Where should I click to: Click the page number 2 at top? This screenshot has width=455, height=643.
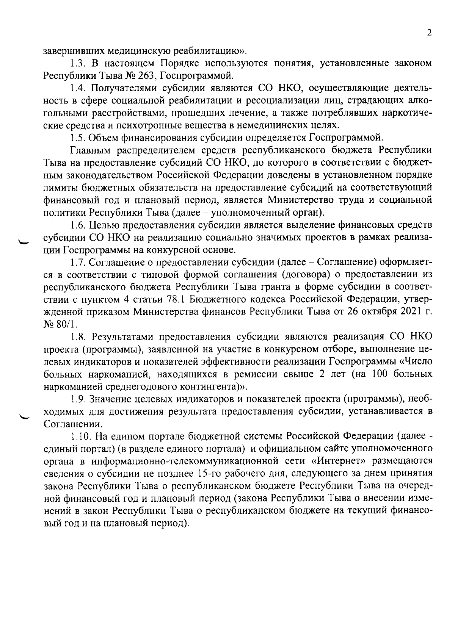[429, 33]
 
